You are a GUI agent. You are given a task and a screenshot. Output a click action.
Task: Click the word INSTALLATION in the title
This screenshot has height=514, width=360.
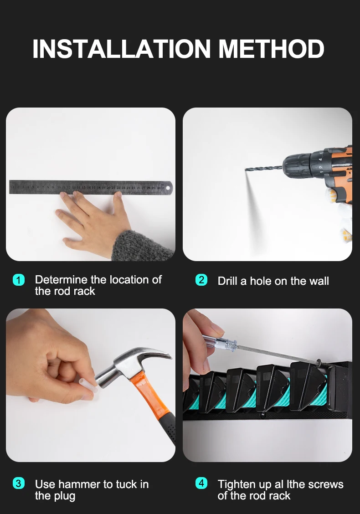click(122, 49)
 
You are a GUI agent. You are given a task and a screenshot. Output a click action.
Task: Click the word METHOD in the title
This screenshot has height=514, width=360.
click(271, 49)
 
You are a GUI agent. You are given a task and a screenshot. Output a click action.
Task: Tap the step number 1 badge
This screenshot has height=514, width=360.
click(19, 280)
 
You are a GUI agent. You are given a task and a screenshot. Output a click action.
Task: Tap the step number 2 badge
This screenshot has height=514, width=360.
click(201, 280)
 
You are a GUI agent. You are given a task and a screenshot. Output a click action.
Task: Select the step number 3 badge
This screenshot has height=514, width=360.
click(19, 483)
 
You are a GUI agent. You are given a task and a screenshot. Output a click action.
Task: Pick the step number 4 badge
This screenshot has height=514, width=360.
click(201, 483)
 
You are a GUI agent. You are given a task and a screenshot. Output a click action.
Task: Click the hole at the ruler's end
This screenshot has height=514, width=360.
click(168, 188)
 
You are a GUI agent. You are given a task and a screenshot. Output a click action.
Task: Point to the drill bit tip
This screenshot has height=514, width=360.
click(246, 170)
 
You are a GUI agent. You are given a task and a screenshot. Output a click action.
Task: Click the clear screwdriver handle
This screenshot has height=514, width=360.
click(219, 342)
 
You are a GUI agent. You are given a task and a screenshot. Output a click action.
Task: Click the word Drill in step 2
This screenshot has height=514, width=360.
click(227, 281)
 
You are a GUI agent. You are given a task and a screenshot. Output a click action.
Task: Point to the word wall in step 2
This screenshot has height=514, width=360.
click(319, 281)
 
